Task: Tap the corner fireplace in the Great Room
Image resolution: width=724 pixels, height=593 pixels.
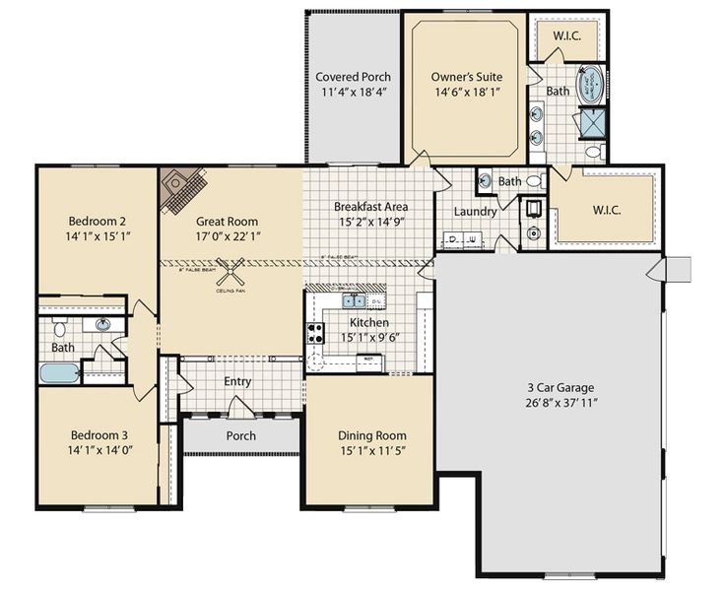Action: (x=183, y=187)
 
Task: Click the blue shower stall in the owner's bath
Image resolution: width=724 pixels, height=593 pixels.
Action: (x=593, y=121)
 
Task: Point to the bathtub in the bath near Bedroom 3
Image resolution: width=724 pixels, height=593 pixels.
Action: (x=58, y=373)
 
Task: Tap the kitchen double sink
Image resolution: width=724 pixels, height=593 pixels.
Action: (x=354, y=301)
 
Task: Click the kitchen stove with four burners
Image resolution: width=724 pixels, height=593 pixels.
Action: (x=316, y=333)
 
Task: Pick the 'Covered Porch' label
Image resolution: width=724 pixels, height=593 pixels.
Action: (x=353, y=77)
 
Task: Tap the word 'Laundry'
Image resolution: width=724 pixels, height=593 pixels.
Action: (x=474, y=211)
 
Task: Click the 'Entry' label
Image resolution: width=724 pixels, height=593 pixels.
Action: (x=237, y=382)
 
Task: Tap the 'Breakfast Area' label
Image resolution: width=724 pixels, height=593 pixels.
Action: (x=370, y=207)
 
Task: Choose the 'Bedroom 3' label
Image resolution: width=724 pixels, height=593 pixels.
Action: (x=98, y=434)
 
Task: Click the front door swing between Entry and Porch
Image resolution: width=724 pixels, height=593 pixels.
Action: (x=239, y=407)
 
